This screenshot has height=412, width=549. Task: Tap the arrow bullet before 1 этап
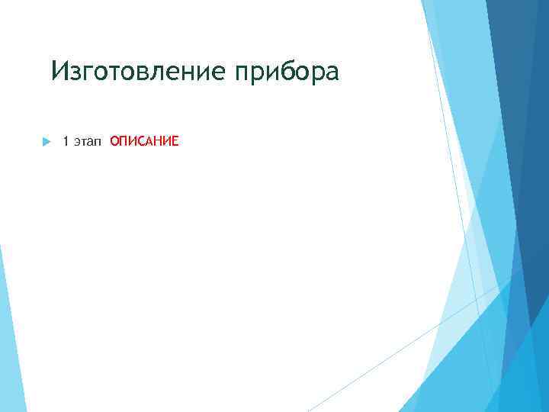(x=45, y=141)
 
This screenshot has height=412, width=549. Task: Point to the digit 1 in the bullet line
(x=66, y=141)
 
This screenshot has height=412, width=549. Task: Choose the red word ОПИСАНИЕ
(x=144, y=141)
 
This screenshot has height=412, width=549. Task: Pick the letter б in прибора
(x=295, y=72)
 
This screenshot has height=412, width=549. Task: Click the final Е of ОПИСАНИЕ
(x=175, y=141)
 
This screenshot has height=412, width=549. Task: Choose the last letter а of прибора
(x=330, y=73)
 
